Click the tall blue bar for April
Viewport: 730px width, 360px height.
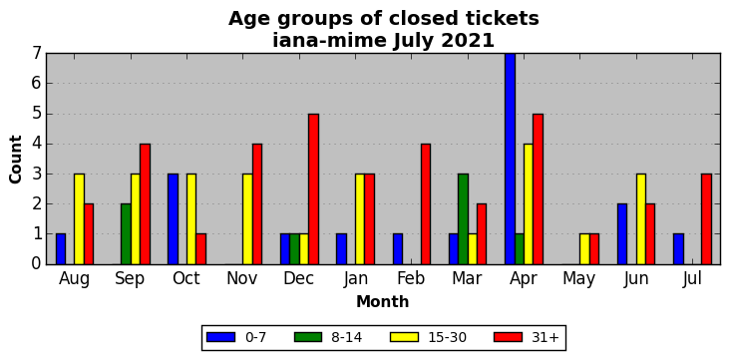tap(511, 159)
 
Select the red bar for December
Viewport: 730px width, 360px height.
tap(313, 189)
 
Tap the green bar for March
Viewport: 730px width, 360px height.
tap(464, 219)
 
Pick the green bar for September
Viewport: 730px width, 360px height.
tap(127, 234)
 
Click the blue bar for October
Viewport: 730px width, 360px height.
tap(173, 219)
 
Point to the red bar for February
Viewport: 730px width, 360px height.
tap(426, 204)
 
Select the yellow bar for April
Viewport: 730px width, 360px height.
tap(529, 204)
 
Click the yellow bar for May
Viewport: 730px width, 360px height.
tap(584, 249)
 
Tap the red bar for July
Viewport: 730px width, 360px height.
tap(706, 219)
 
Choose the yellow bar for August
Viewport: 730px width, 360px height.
tap(79, 219)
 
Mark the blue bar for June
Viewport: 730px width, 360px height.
tap(622, 234)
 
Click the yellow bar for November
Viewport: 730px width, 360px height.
tap(247, 219)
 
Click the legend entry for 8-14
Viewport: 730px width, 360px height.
tap(329, 337)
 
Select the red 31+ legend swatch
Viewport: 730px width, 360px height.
tap(508, 337)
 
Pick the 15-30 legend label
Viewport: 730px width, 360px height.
tap(447, 337)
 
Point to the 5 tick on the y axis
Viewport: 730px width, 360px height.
tap(38, 114)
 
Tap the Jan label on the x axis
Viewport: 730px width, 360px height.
tap(356, 278)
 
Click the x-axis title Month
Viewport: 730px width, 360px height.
tap(383, 302)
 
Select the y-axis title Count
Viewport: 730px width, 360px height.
tap(15, 160)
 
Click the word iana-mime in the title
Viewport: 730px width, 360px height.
tap(329, 41)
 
